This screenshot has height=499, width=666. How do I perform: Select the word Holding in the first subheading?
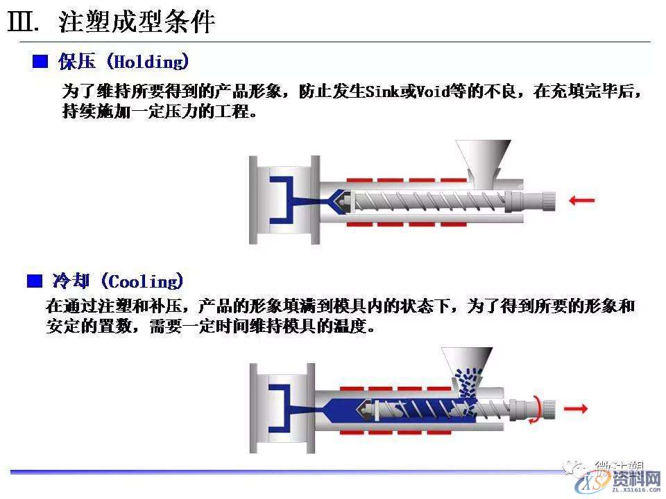pyautogui.click(x=148, y=62)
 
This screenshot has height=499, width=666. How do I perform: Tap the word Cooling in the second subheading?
pyautogui.click(x=144, y=281)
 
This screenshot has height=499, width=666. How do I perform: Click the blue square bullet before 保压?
pyautogui.click(x=41, y=62)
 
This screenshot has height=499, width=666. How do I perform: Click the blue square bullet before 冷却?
pyautogui.click(x=34, y=281)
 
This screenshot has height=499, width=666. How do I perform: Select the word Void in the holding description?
pyautogui.click(x=431, y=92)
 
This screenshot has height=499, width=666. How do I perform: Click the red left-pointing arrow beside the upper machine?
pyautogui.click(x=581, y=201)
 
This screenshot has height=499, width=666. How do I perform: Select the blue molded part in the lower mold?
pyautogui.click(x=282, y=408)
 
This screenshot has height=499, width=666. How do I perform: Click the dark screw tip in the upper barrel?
pyautogui.click(x=340, y=200)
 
